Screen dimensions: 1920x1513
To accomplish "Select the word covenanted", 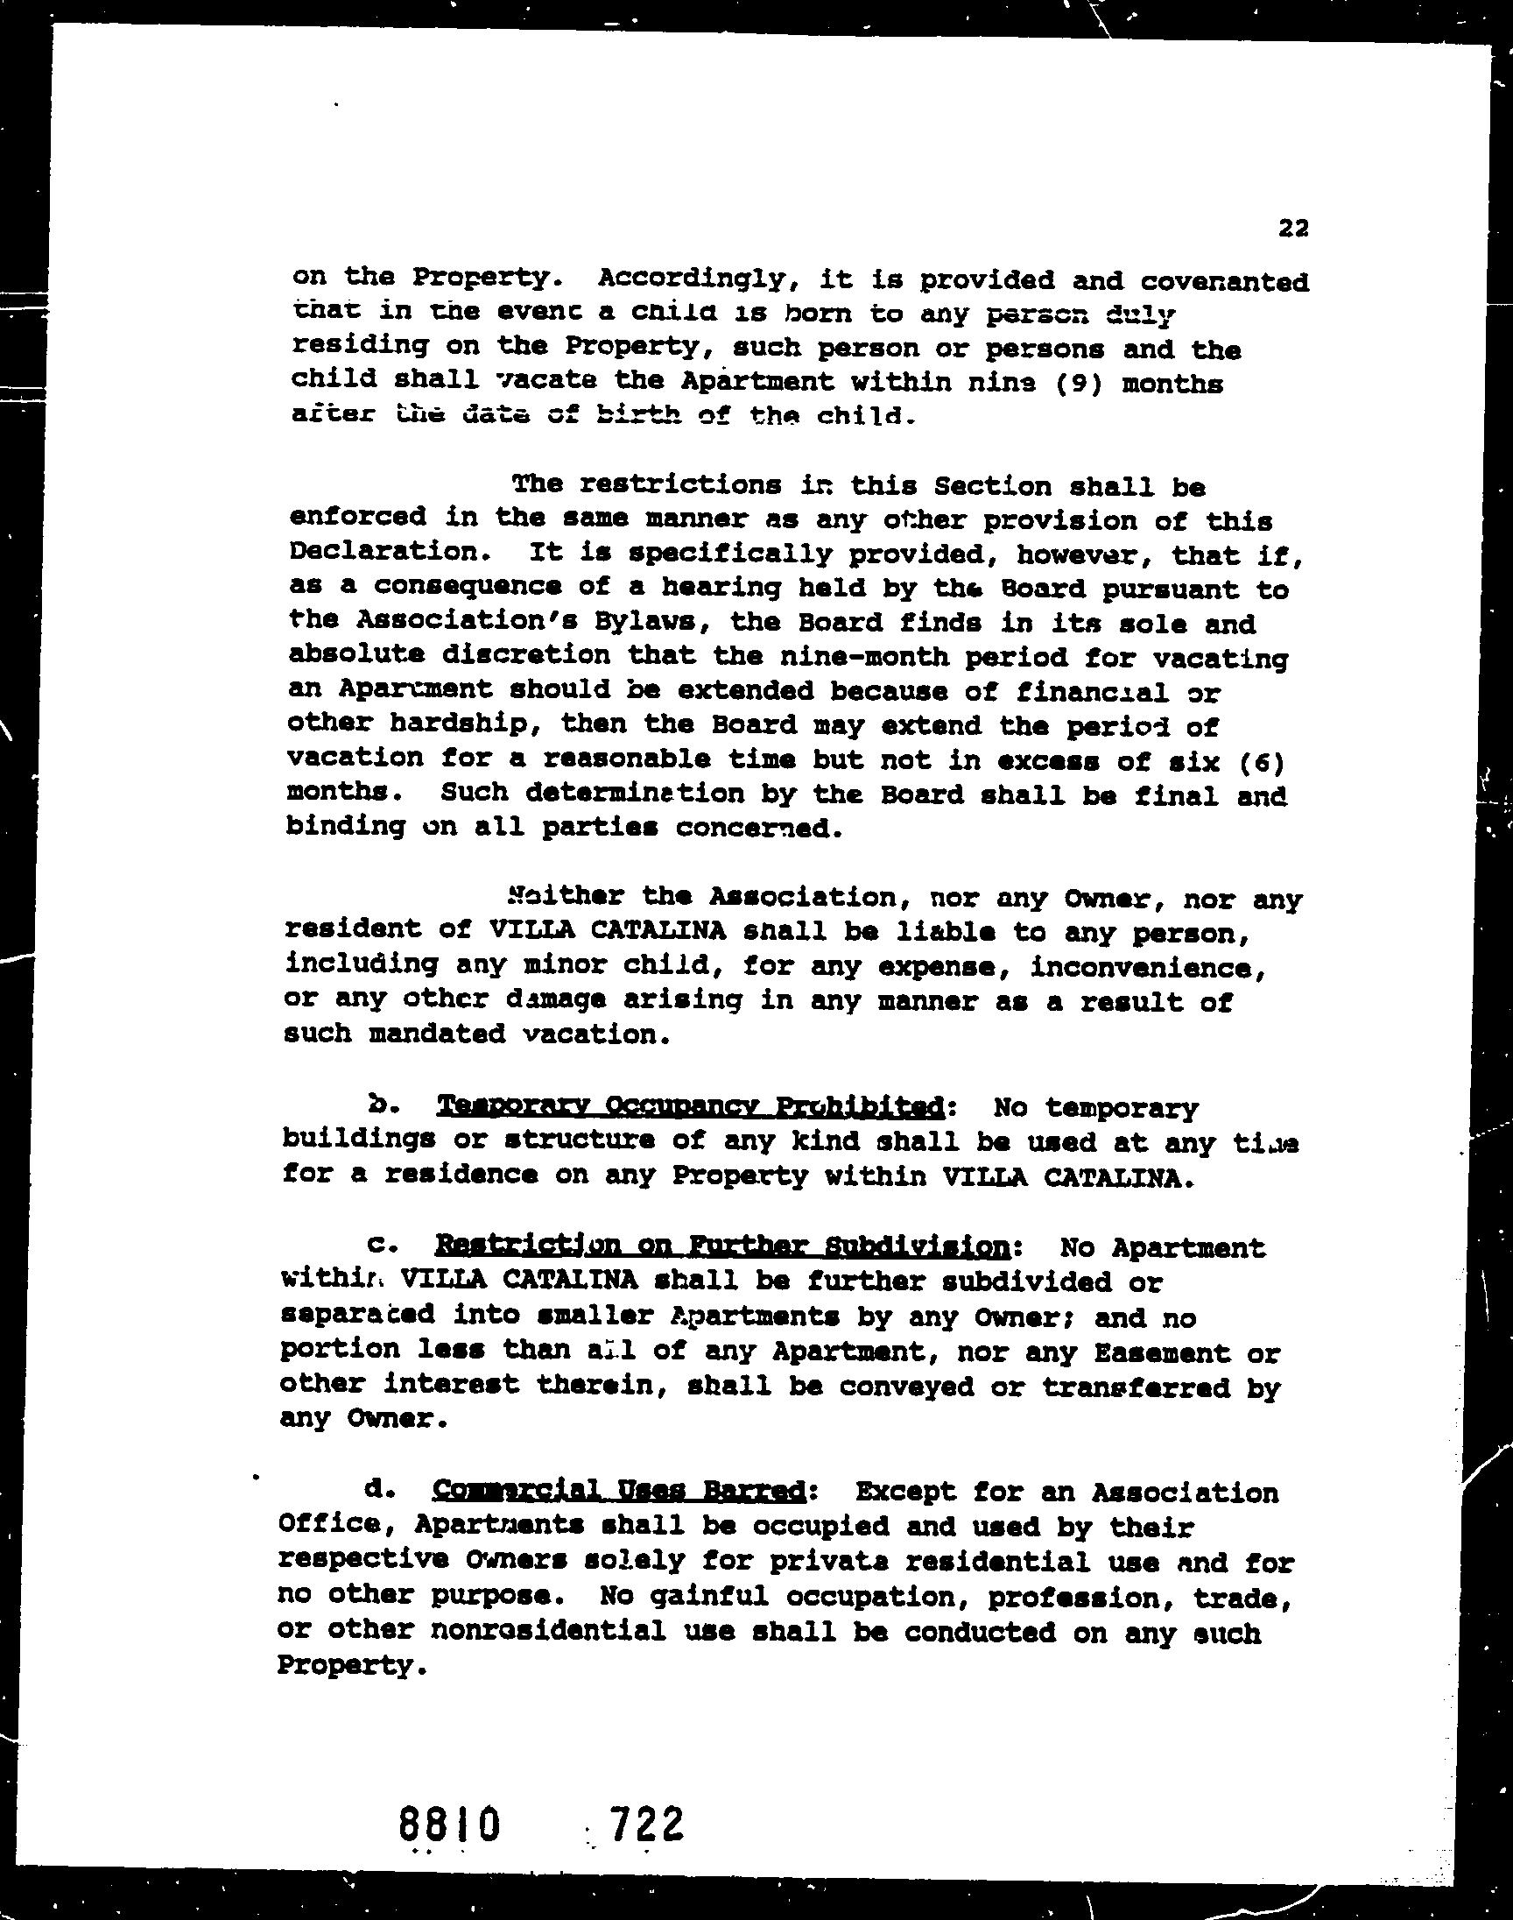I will click(1224, 282).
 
